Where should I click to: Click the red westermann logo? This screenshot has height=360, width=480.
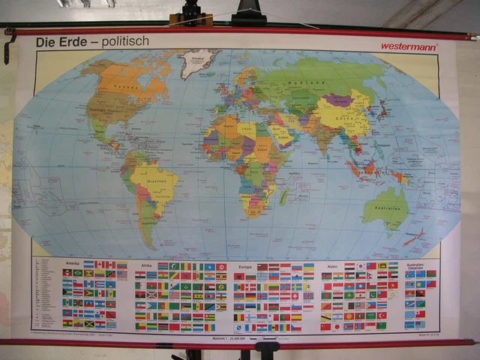[x=408, y=46]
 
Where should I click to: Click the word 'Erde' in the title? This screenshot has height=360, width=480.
[x=71, y=42]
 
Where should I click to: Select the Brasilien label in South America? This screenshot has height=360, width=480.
[x=153, y=181]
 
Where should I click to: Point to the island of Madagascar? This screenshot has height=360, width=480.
[x=283, y=196]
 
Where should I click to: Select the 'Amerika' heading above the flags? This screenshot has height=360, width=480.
[x=72, y=264]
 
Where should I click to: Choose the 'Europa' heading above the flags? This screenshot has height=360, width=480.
[x=246, y=265]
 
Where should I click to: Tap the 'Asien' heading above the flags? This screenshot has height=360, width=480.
[x=331, y=265]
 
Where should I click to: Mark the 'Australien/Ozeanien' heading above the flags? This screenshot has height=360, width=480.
[x=415, y=266]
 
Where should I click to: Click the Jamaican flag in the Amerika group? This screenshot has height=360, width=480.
[x=89, y=323]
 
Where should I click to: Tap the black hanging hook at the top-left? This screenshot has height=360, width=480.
[x=8, y=45]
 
